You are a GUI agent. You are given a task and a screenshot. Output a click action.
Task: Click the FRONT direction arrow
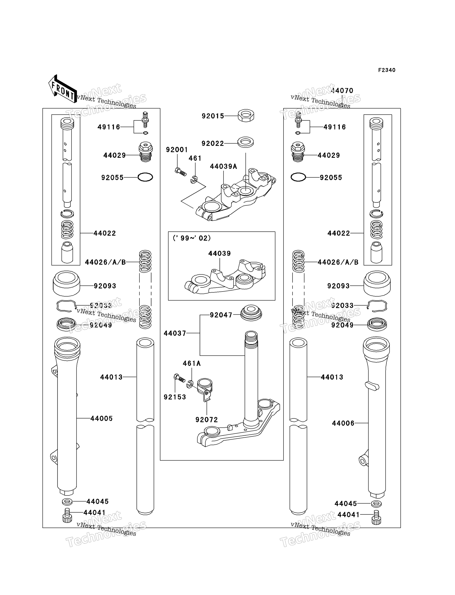click(62, 89)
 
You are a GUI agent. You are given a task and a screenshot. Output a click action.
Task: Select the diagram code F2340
click(387, 70)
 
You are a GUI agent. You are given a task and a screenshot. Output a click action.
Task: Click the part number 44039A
click(223, 167)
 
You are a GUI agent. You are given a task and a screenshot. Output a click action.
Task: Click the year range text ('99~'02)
click(192, 238)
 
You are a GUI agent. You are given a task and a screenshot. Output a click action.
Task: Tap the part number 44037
click(175, 333)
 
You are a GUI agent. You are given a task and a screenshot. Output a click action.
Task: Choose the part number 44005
click(101, 418)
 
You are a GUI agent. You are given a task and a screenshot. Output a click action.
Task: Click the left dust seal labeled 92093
click(66, 283)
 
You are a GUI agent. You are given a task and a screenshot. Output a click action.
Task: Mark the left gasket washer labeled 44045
click(67, 502)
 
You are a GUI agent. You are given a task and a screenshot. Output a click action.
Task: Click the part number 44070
click(342, 91)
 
